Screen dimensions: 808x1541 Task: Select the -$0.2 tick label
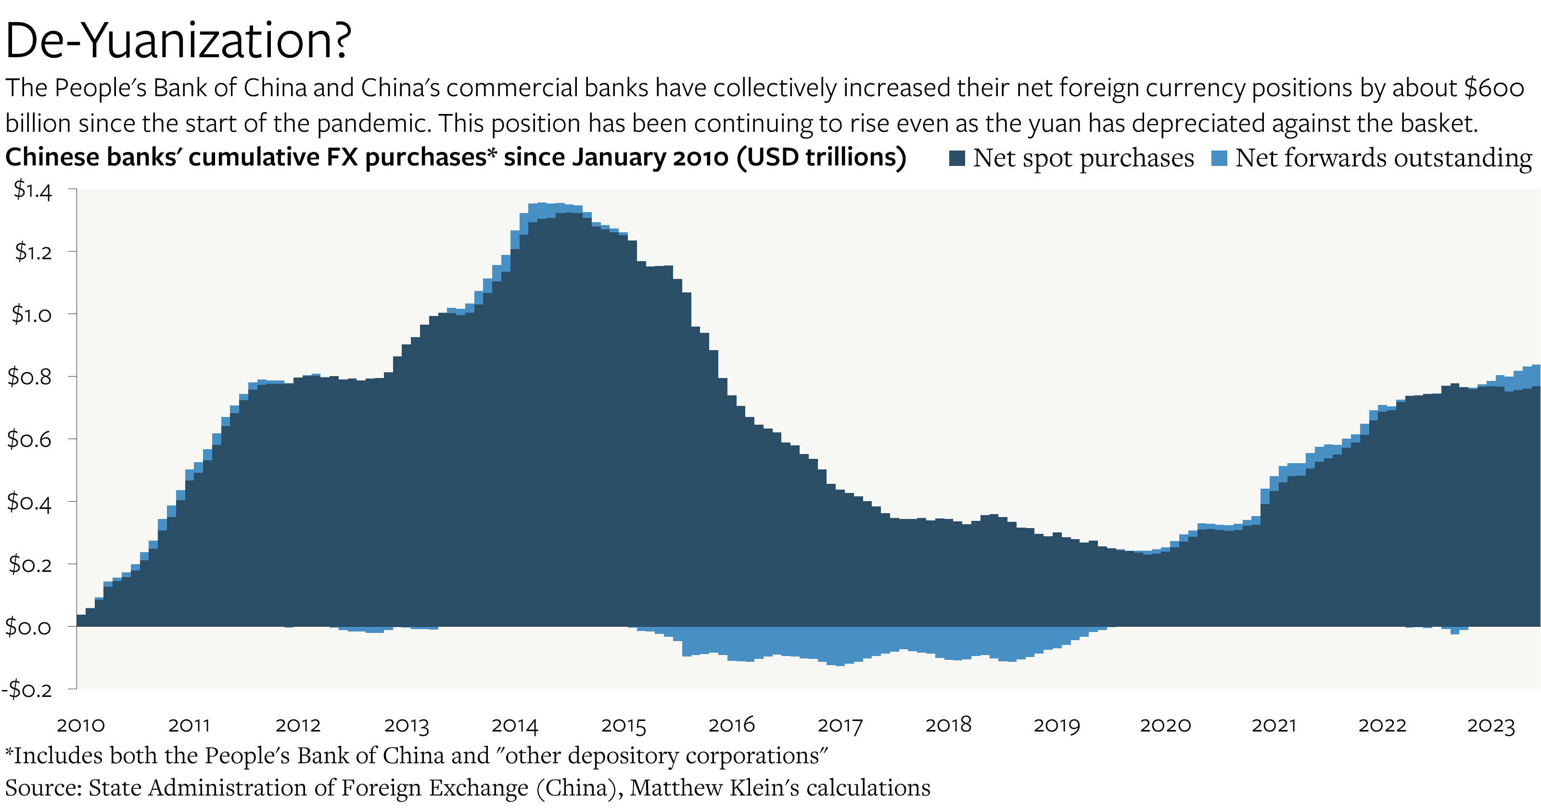(27, 690)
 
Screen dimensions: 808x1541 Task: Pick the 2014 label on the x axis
(514, 725)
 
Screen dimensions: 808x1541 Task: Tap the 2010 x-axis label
(81, 725)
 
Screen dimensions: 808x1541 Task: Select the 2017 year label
(840, 725)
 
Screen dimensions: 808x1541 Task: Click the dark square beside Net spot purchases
(956, 159)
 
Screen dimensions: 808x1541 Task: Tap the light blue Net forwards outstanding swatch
(1219, 159)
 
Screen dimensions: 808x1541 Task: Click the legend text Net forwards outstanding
(1383, 159)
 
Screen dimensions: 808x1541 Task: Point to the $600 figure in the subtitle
(1494, 88)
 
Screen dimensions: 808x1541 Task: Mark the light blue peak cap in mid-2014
(541, 210)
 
